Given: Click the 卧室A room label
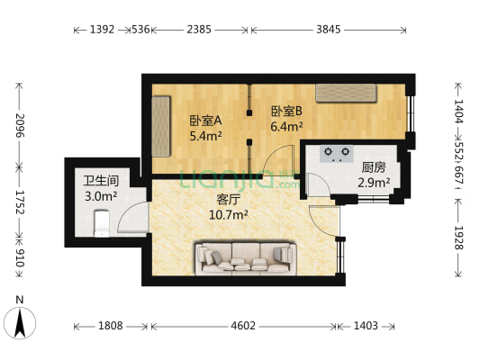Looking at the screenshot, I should coord(205,120).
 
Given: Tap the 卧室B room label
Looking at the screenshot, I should coord(286,112).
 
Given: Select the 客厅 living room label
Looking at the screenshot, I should coord(228,200).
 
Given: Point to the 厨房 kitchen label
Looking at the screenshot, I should coord(374,167).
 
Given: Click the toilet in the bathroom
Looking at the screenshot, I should coord(101,220).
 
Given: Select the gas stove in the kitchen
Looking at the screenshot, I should coord(338,154).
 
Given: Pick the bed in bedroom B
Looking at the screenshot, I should coord(345,92).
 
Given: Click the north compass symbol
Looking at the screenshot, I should coord(20,319).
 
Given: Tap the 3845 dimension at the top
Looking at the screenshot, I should coord(329,30).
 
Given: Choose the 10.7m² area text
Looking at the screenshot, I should coord(228,215).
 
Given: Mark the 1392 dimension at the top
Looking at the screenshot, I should coord(102,30).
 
